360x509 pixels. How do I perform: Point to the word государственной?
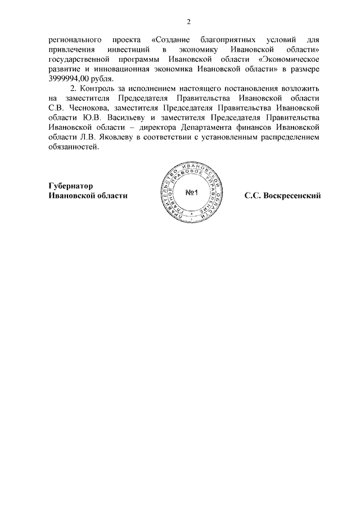pyautogui.click(x=78, y=60)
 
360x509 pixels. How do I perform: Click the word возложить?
pyautogui.click(x=300, y=89)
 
